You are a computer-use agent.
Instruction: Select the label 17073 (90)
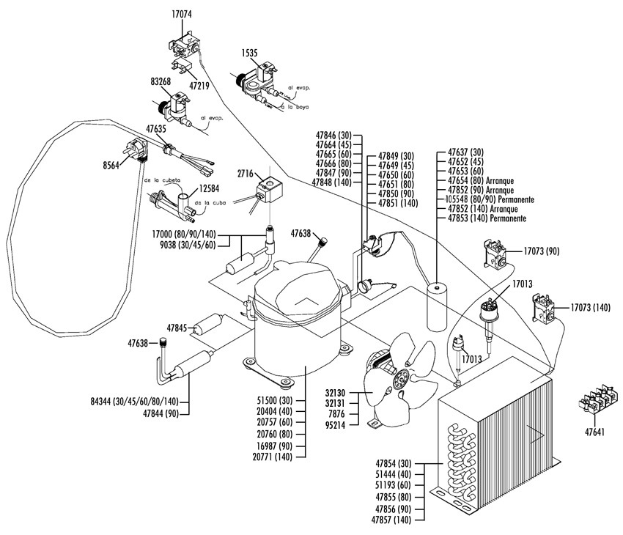pos(542,251)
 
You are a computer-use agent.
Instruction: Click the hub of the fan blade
pos(401,382)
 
